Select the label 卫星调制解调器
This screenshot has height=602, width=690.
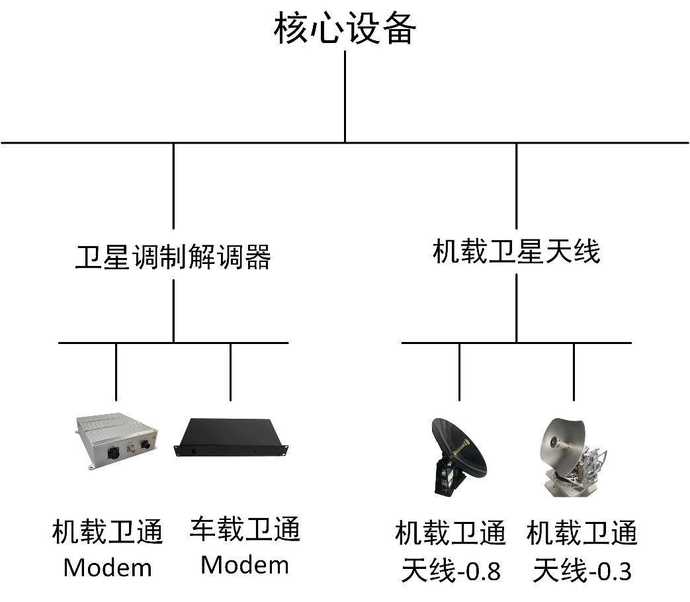173,257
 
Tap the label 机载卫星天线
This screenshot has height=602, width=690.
516,252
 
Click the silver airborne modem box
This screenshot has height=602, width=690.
117,439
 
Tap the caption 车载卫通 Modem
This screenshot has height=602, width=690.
245,546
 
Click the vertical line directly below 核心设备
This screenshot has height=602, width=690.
345,96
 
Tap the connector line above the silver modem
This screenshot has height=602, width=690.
116,372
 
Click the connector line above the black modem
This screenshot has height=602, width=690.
231,372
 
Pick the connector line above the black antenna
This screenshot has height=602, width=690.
459,372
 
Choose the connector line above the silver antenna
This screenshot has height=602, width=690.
574,372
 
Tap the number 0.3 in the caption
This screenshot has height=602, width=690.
616,570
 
